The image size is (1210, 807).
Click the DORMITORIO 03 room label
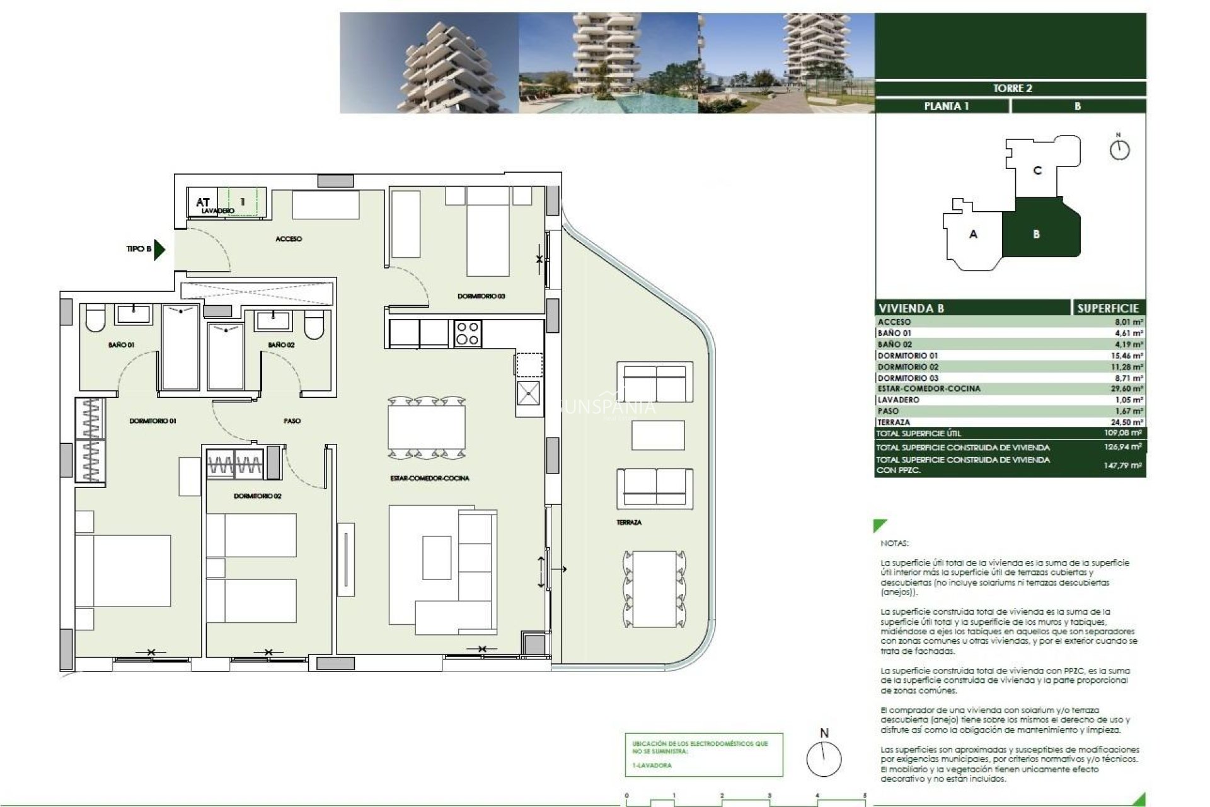coord(481,296)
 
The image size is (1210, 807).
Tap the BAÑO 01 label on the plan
coord(121,345)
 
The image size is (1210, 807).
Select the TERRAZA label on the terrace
coord(629,523)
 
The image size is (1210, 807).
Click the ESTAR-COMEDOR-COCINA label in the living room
coord(429,479)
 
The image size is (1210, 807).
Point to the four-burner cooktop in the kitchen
coord(467,334)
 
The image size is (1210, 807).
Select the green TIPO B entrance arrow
coord(159,250)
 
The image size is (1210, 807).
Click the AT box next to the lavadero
coord(202,202)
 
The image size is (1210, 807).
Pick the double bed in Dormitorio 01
coord(123,571)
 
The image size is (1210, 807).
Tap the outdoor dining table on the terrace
coord(654,589)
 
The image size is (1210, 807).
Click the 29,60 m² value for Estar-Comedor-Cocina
coord(1126,389)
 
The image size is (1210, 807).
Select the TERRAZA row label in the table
coord(894,422)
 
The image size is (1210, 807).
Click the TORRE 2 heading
coord(1012,88)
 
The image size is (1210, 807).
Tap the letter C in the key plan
coord(1037,171)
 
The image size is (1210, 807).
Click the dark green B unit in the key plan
coord(1040,233)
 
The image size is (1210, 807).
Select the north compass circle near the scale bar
coord(824,759)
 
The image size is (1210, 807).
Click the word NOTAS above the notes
coord(894,543)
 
